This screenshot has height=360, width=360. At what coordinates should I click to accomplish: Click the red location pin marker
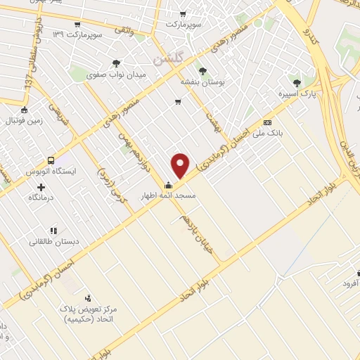click(x=181, y=166)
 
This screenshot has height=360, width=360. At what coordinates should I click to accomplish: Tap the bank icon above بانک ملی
click(x=266, y=122)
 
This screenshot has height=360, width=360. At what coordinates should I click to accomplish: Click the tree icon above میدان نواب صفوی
click(x=116, y=63)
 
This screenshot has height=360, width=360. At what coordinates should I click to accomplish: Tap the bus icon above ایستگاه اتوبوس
click(x=51, y=160)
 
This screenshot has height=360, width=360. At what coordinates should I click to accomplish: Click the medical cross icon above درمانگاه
click(x=41, y=187)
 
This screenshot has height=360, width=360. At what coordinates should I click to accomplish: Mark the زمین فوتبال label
click(x=23, y=120)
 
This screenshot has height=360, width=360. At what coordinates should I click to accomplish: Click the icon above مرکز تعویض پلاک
click(x=88, y=298)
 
